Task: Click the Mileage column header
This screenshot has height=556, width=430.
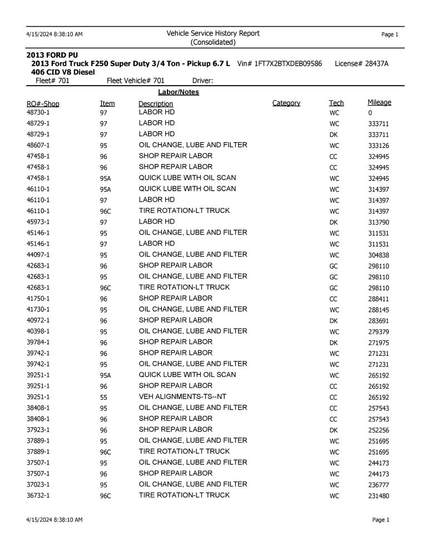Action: pos(379,102)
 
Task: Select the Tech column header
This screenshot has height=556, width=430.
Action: pos(336,103)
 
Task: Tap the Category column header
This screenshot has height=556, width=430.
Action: pos(286,103)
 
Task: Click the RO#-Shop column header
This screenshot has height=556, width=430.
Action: pos(43,104)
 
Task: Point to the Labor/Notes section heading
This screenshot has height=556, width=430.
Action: pos(178,92)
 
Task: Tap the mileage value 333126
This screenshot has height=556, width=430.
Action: pos(378,146)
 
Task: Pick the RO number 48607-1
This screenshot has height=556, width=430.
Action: pos(38,145)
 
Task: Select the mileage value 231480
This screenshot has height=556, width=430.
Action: pos(378,495)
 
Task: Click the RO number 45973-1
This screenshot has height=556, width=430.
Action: pos(38,222)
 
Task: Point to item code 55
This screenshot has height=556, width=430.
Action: pos(103,397)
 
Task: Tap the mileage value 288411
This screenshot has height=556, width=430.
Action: pos(378,299)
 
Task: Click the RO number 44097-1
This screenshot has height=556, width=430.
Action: pos(38,255)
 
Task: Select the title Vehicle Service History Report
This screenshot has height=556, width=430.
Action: pos(213,33)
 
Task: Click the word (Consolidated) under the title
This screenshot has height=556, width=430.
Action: pos(213,42)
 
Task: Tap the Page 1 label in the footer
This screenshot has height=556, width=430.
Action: pos(380,520)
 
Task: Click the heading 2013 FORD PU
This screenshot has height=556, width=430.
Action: pos(53,56)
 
